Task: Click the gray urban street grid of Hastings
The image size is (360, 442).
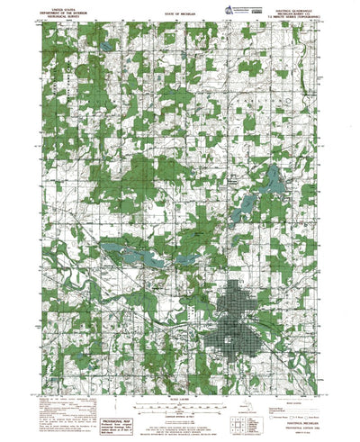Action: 238,333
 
